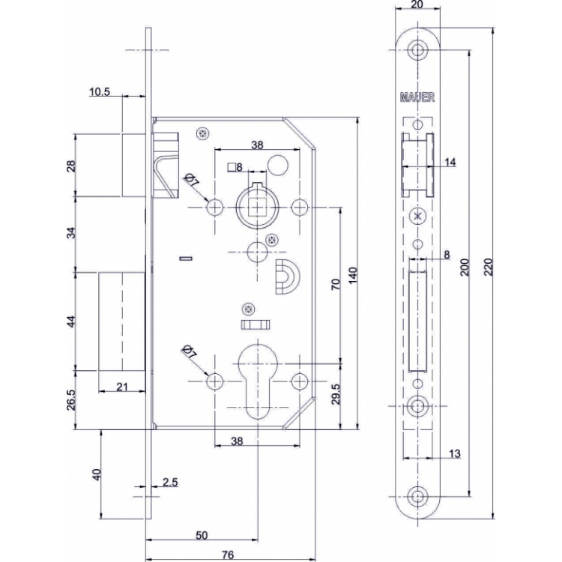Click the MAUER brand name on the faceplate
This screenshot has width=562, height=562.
417,97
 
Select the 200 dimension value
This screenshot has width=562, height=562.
465,267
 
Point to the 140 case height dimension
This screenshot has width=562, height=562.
353,275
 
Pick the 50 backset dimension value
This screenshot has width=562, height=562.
202,535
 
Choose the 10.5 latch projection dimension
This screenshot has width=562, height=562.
99,92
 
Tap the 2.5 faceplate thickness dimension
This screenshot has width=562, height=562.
170,482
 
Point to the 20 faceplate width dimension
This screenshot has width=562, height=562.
417,4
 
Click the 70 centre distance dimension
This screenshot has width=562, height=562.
335,285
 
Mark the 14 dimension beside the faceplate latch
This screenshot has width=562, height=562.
450,163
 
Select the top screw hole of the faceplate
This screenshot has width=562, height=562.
417,49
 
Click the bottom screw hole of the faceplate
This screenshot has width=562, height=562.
417,496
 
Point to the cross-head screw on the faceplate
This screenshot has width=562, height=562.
417,216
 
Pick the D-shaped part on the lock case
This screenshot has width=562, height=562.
288,277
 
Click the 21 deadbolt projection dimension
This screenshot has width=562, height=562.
122,387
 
